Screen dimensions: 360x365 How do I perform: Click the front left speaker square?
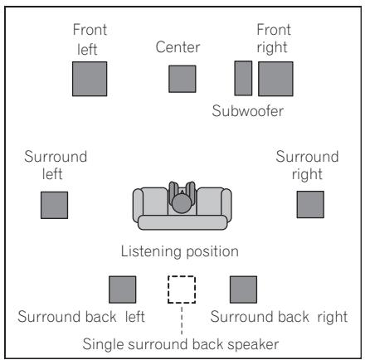click(89, 79)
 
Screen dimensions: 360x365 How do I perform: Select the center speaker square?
click(182, 79)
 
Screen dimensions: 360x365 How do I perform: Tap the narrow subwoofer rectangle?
click(243, 79)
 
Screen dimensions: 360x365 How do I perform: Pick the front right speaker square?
click(275, 79)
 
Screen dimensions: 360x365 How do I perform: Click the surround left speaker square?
click(54, 204)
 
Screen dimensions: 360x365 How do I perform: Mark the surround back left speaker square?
click(123, 289)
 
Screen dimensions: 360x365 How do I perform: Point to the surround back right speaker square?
click(243, 289)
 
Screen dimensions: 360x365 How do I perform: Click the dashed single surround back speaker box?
click(182, 289)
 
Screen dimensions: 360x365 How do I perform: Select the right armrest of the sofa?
click(221, 203)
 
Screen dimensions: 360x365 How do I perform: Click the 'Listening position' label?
click(180, 250)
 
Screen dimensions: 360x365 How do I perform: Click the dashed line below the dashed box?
click(182, 318)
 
